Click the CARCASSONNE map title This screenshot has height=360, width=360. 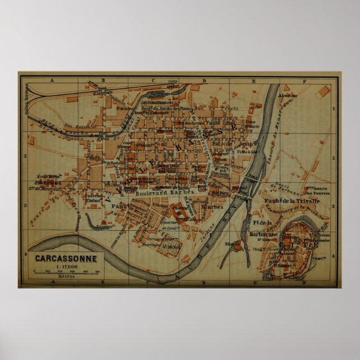coord(66,259)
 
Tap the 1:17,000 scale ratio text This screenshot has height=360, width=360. coord(66,266)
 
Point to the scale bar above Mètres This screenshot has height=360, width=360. coord(66,272)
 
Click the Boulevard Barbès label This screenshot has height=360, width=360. coord(164,192)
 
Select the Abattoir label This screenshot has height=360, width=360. coord(290,95)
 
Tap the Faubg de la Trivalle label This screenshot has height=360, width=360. coord(291,200)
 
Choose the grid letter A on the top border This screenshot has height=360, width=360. coord(51,80)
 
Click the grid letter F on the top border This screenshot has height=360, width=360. coord(305,80)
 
